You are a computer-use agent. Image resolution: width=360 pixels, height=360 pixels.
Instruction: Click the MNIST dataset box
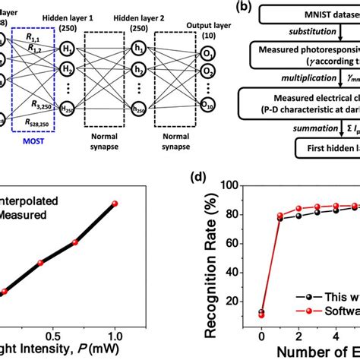[x=319, y=14]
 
